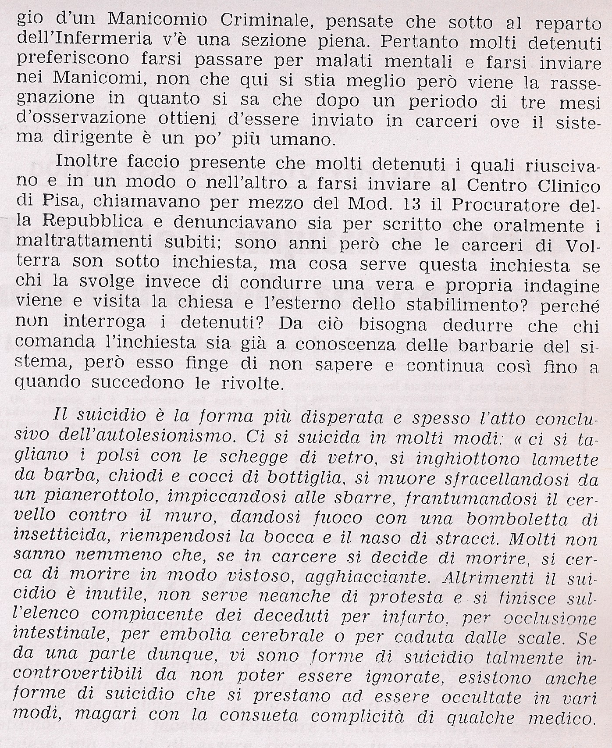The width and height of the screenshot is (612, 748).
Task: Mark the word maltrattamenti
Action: (76, 245)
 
